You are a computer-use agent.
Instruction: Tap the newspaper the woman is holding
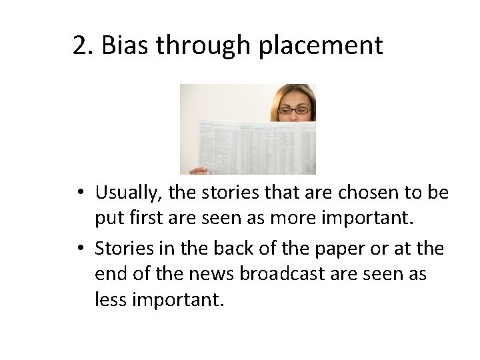pos(253,143)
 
